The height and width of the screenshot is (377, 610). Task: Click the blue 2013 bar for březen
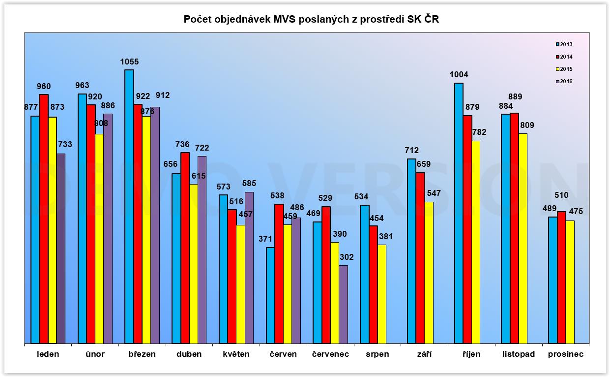point(129,207)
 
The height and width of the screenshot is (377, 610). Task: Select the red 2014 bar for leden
point(44,219)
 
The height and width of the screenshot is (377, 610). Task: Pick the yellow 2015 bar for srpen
point(382,294)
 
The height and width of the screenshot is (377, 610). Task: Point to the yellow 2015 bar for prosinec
point(570,282)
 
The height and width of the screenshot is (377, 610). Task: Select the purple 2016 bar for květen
point(249,268)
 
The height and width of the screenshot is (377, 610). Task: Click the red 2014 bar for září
point(420,258)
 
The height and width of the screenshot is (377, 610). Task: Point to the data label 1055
point(129,62)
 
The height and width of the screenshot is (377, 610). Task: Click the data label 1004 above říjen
point(459,75)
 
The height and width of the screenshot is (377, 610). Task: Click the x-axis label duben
point(189,354)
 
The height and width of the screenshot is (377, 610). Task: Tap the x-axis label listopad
point(518,354)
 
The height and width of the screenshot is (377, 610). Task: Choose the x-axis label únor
point(95,354)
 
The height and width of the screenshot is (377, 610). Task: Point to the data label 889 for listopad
point(515,96)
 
